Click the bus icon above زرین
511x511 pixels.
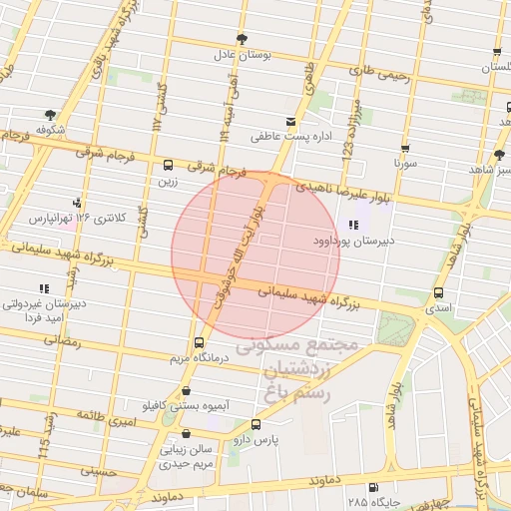167,165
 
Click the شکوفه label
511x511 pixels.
50,131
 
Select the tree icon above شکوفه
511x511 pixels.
50,115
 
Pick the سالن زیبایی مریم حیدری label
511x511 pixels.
187,457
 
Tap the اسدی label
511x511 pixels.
439,308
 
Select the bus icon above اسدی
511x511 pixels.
439,292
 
